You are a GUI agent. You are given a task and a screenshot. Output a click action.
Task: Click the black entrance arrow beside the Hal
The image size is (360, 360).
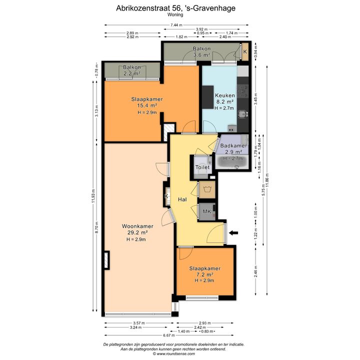(233, 233)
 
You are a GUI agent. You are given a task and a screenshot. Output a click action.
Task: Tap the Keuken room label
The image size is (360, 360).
(225, 95)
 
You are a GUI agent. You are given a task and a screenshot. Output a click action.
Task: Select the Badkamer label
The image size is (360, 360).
(233, 145)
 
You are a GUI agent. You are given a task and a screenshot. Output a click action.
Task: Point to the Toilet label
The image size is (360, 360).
(202, 167)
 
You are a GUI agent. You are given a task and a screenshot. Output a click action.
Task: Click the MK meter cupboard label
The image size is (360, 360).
(207, 211)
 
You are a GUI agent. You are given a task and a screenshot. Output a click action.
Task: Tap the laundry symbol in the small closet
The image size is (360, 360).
(207, 189)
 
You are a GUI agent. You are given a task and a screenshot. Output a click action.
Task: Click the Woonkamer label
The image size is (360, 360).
(137, 226)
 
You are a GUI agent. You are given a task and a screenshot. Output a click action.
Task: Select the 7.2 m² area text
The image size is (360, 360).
(204, 274)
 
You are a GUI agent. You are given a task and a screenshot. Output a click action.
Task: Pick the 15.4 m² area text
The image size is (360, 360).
(147, 105)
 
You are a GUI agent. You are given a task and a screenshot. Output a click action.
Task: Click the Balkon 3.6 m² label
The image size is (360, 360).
(201, 52)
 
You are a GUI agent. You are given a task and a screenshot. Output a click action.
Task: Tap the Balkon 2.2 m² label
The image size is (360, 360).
(132, 70)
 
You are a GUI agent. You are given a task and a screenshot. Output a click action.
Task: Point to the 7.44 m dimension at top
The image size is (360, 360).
(176, 25)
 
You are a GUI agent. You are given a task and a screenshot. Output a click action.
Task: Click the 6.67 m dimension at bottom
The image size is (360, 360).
(169, 335)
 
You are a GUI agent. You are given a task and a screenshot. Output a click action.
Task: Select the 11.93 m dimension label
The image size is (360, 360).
(93, 196)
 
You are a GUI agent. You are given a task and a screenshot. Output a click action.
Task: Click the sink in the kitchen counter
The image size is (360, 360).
(242, 114)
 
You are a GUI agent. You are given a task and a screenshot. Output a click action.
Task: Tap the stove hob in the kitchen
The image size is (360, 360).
(243, 91)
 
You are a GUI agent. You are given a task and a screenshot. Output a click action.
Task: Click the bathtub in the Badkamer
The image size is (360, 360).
(232, 162)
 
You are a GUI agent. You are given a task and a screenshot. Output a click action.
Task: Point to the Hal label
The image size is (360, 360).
(182, 199)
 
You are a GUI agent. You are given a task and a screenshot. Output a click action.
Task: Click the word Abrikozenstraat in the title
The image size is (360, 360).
(143, 8)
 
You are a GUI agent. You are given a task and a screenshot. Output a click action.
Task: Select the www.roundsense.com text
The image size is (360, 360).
(175, 354)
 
